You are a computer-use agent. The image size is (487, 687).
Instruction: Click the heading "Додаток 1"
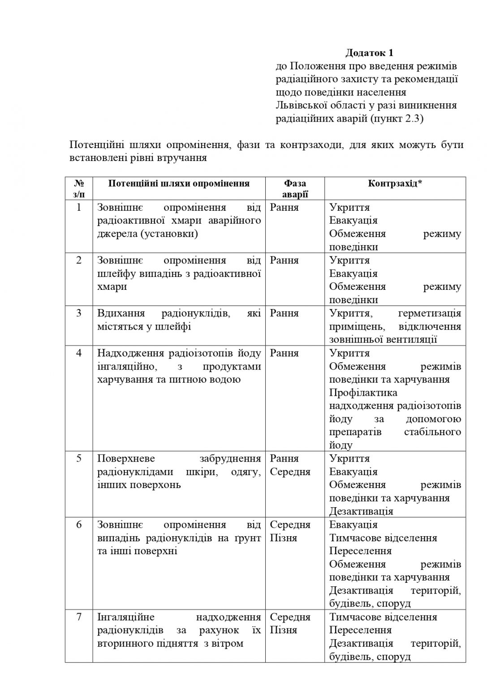tap(369, 53)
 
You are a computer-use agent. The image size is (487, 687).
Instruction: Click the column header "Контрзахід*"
tap(395, 183)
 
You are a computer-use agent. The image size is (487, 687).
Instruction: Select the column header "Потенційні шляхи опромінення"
tap(179, 183)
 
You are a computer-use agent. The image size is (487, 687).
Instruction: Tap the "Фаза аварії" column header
tap(295, 188)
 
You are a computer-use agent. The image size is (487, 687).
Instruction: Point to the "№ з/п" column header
tap(79, 188)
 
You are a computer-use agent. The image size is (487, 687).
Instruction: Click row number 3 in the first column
tap(79, 313)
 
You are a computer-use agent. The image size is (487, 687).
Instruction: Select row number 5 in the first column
tap(79, 458)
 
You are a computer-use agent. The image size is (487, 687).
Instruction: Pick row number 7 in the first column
tap(79, 617)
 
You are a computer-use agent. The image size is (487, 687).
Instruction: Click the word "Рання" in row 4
tap(284, 353)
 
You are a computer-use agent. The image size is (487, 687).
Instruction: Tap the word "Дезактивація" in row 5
tap(361, 511)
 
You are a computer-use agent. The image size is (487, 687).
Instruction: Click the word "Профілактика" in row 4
tap(363, 393)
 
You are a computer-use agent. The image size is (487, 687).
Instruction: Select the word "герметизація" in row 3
tap(429, 313)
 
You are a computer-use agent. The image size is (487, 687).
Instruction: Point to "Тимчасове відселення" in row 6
tap(383, 538)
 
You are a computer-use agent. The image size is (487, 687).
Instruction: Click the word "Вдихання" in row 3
tap(117, 313)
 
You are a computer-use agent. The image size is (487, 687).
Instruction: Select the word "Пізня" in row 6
tap(284, 538)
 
